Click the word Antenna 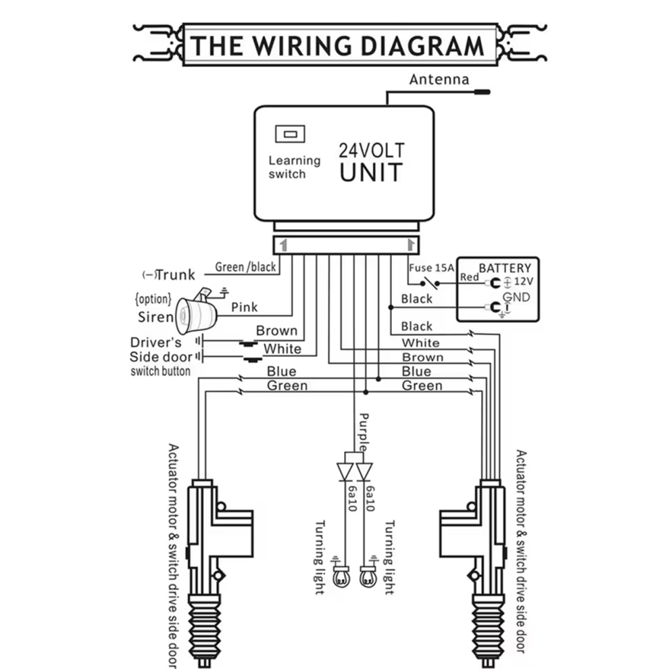(x=439, y=79)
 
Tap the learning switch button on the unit (x=290, y=134)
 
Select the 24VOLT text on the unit (x=372, y=151)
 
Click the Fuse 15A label (x=431, y=268)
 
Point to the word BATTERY (x=505, y=268)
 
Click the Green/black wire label (x=245, y=267)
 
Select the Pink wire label (x=244, y=307)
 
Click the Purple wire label (x=364, y=432)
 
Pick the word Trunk (x=176, y=275)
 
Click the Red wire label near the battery (x=470, y=277)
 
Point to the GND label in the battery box (x=516, y=297)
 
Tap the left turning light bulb (x=341, y=577)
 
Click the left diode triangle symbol (x=345, y=472)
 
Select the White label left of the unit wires (x=282, y=349)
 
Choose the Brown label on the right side (x=422, y=357)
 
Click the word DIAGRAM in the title (x=422, y=46)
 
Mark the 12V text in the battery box (x=524, y=282)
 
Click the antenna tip (x=489, y=92)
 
